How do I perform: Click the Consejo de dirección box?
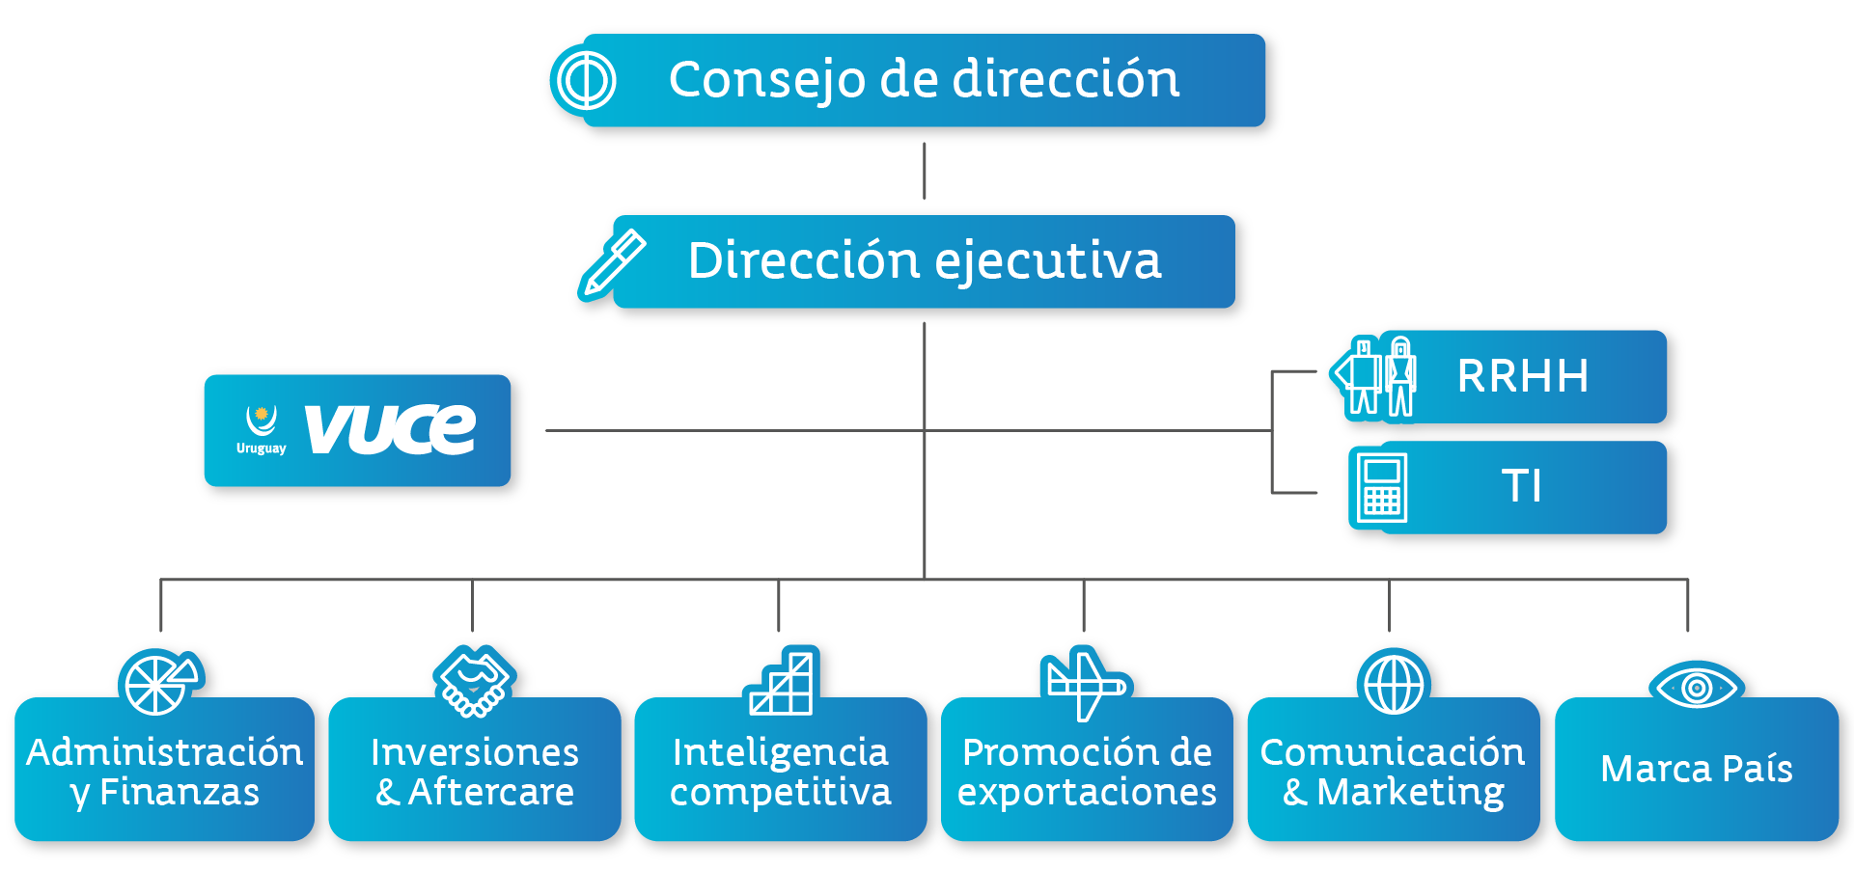point(925,80)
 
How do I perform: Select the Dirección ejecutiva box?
point(925,261)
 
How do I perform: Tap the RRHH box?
point(1523,376)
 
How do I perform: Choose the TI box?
point(1523,487)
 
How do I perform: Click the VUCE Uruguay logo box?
point(357,430)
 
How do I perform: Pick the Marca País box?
point(1697,769)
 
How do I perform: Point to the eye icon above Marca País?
point(1696,687)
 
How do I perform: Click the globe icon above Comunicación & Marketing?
point(1393,682)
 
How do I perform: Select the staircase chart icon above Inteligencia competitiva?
point(782,681)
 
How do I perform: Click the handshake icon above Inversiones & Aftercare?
point(474,682)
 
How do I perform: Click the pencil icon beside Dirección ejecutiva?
point(612,263)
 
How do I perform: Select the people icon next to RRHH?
point(1373,377)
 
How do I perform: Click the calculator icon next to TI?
point(1381,488)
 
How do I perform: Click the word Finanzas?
point(180,792)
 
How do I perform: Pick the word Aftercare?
point(491,792)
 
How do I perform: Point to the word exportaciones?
point(1087,793)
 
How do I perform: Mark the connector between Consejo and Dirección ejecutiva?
point(925,171)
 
